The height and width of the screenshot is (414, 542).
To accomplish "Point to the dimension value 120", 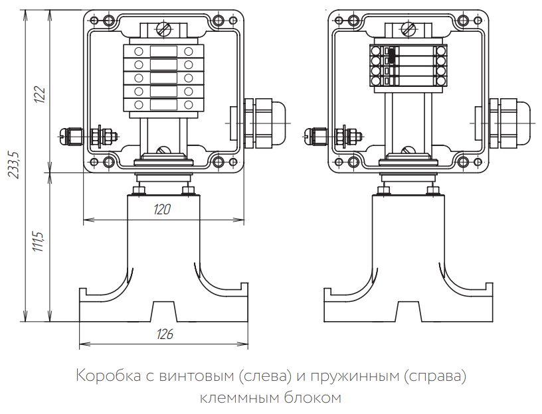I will (x=162, y=210).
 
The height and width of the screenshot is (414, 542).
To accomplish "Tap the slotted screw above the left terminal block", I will (x=163, y=29).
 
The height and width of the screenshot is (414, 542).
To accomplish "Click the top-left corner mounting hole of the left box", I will (x=94, y=22).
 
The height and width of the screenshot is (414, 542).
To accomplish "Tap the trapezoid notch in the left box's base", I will (x=163, y=312).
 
